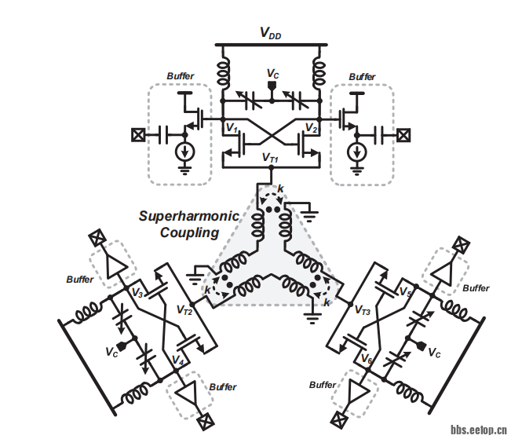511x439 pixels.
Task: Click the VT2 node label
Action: (x=185, y=311)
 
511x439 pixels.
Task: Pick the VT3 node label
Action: (x=362, y=311)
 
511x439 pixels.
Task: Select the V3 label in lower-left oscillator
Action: (x=138, y=293)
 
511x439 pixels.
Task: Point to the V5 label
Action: (x=406, y=293)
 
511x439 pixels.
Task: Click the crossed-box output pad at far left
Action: (x=138, y=134)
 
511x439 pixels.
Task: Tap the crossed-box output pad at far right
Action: (x=403, y=134)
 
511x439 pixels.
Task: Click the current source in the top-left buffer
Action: (x=185, y=151)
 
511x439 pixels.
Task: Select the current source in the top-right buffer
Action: (x=357, y=151)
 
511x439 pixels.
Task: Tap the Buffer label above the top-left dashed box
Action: (x=180, y=76)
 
